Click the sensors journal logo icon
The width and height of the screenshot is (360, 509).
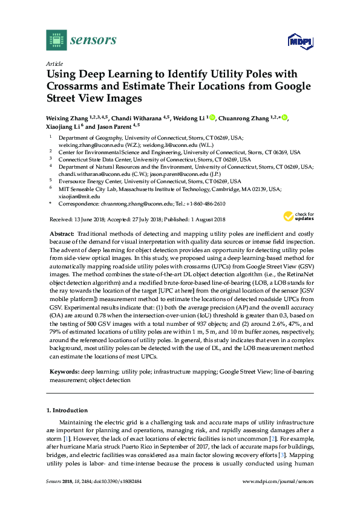coord(56,41)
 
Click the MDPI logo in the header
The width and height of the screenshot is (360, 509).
coord(299,41)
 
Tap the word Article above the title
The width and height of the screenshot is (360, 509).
coord(54,63)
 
